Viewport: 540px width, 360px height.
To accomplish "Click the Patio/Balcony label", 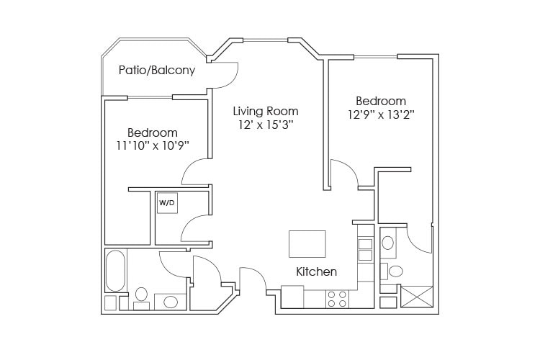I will [x=157, y=71].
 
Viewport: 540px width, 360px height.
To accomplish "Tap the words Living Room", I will [x=265, y=112].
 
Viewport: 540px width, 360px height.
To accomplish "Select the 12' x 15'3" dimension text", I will [x=265, y=125].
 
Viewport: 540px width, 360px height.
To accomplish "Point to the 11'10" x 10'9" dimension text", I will [x=152, y=146].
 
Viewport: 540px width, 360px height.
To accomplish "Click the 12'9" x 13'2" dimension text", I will [x=381, y=114].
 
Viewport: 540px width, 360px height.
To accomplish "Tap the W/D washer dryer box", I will [x=166, y=203].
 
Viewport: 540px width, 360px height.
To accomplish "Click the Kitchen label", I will [x=317, y=272].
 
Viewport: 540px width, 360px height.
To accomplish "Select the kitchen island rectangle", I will [x=307, y=243].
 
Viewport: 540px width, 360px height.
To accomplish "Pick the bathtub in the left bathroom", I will [x=115, y=270].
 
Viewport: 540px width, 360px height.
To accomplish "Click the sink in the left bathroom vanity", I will [x=170, y=301].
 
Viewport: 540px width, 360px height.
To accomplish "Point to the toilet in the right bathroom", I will [x=394, y=271].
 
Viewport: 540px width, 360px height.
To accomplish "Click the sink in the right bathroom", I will [x=388, y=243].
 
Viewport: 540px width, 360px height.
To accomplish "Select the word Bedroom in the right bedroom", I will [x=381, y=101].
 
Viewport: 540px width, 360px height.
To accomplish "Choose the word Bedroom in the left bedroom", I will [x=152, y=133].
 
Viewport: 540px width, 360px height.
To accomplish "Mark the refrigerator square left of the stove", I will [x=292, y=295].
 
